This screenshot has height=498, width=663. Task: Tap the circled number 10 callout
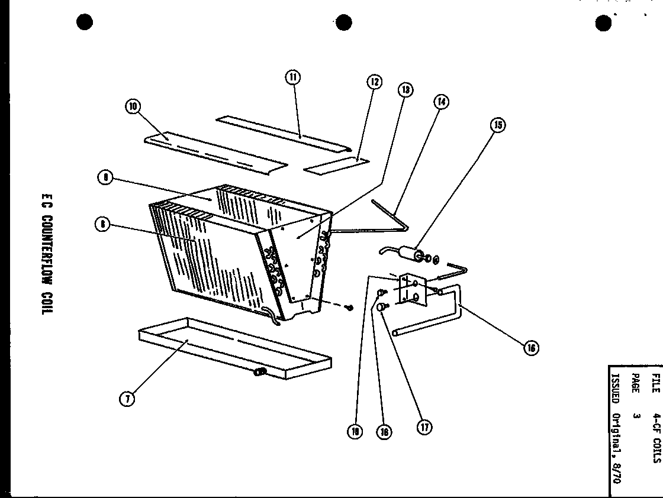[131, 106]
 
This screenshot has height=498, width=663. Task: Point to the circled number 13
[405, 90]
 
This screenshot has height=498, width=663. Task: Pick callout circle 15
[498, 125]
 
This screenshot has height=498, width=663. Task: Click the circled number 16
[530, 348]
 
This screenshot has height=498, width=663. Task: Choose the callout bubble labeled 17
[424, 426]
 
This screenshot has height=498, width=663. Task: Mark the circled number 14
[441, 102]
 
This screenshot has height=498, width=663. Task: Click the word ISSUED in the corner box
[614, 387]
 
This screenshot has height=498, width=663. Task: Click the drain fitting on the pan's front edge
[260, 372]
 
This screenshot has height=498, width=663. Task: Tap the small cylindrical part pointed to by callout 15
[410, 255]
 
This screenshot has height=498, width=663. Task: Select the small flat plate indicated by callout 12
[336, 164]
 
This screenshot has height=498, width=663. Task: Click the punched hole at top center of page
[344, 22]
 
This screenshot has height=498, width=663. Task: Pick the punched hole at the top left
[85, 22]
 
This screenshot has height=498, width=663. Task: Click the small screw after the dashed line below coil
[351, 307]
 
